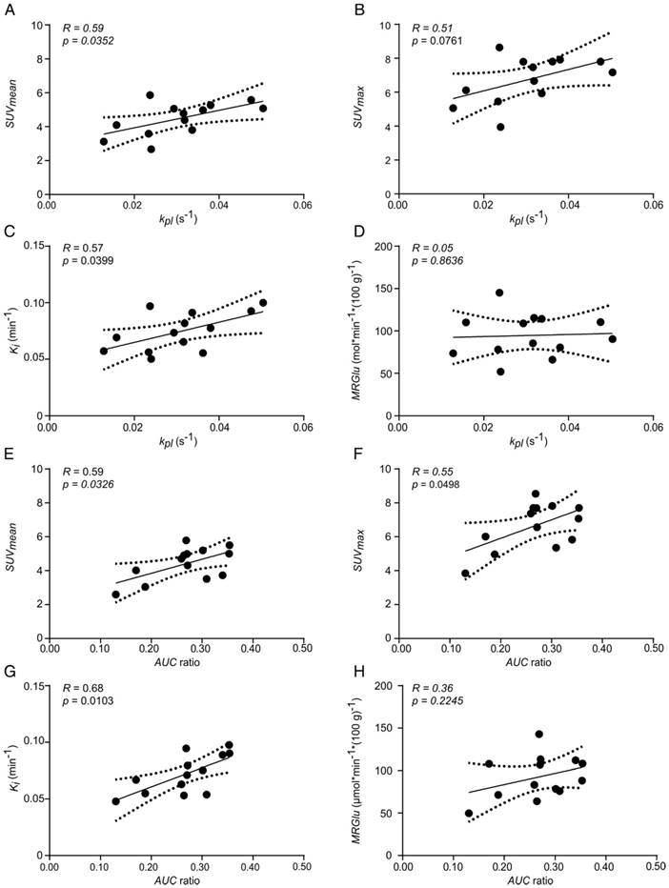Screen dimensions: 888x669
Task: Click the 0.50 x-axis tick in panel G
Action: (303, 867)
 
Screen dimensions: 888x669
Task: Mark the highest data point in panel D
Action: (499, 293)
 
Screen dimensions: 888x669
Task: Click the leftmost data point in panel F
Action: (465, 574)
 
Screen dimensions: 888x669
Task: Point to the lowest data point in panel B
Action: (500, 127)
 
